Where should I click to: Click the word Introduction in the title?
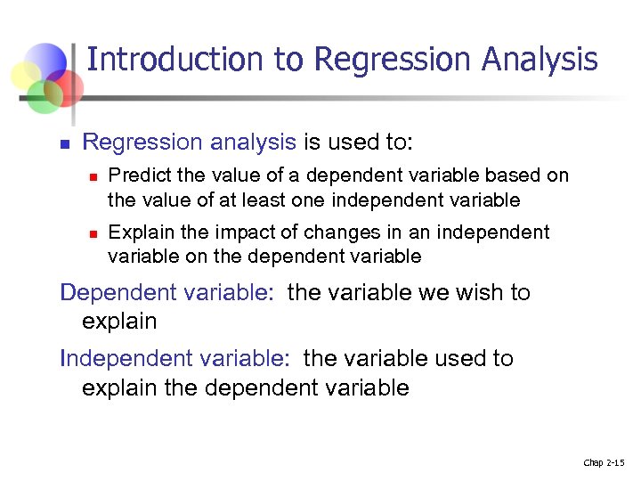175,60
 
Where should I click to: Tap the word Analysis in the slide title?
540,60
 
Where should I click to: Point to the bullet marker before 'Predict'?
91,176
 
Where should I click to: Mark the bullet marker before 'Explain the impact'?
91,233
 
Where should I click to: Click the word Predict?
136,175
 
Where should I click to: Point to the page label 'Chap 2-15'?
604,462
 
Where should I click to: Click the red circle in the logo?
67,86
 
